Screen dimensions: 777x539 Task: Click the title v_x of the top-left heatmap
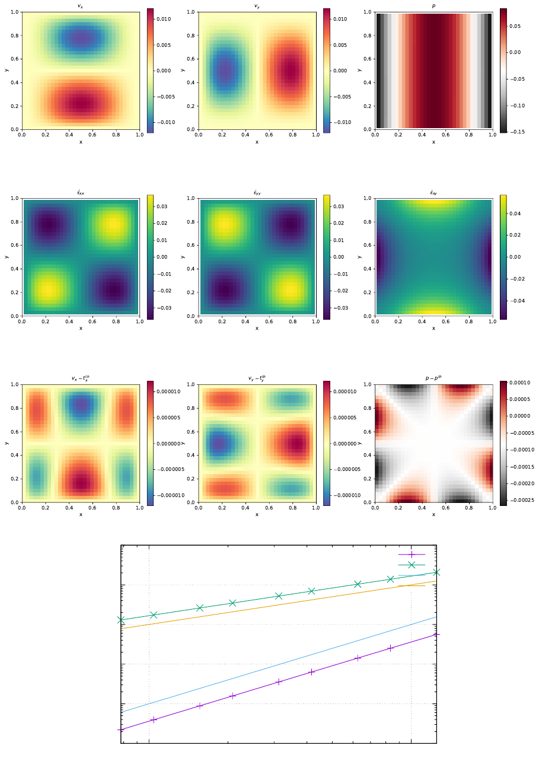(x=81, y=6)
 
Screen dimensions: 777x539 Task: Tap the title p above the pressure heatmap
(x=433, y=6)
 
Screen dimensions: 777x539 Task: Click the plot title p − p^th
(x=433, y=378)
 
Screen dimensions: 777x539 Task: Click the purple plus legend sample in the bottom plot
(x=412, y=555)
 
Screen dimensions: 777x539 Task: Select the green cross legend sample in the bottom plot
(x=412, y=565)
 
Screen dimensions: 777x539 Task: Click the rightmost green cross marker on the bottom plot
(x=436, y=572)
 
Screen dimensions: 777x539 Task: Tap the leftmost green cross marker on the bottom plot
(x=121, y=620)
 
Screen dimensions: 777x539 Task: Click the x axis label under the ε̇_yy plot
(x=257, y=328)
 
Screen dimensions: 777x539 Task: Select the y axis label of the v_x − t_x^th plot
(x=6, y=443)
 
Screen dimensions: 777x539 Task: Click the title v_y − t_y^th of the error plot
(x=257, y=378)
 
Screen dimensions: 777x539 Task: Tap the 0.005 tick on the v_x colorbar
(x=164, y=45)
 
